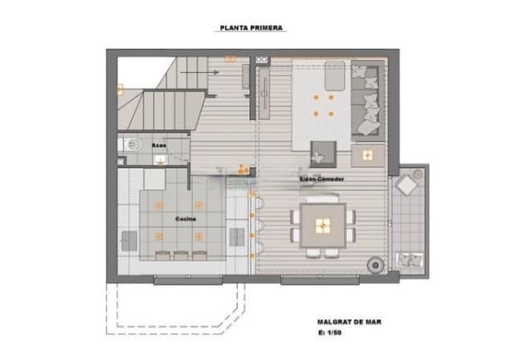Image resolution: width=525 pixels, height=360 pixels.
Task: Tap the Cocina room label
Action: click(185, 219)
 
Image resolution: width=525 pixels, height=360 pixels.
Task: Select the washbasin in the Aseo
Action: click(157, 160)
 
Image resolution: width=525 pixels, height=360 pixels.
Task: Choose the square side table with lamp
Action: click(365, 153)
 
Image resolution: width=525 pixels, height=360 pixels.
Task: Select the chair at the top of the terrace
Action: click(408, 185)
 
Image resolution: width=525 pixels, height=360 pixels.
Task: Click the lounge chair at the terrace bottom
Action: click(409, 261)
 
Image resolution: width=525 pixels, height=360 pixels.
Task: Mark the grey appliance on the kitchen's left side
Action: click(130, 239)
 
